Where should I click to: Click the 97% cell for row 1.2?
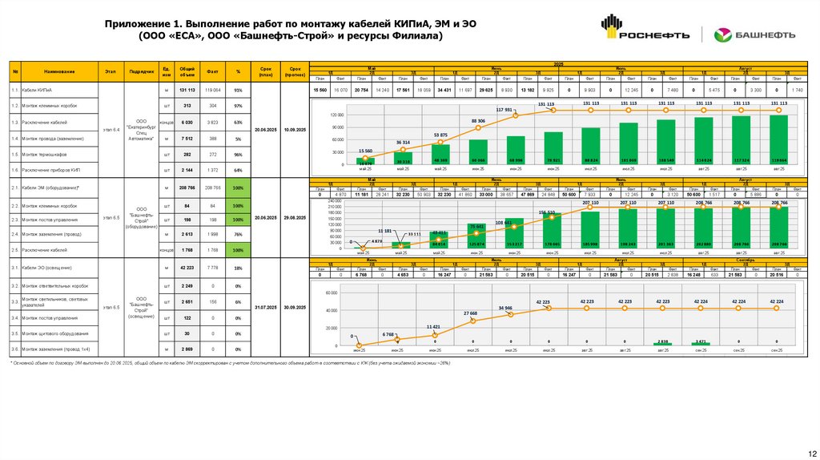coord(238,106)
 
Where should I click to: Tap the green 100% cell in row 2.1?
coord(238,188)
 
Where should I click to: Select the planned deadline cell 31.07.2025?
coord(264,307)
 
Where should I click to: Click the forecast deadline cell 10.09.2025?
coord(295,129)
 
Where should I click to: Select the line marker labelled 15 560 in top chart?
coord(365,158)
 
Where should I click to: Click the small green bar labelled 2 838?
coord(662,344)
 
